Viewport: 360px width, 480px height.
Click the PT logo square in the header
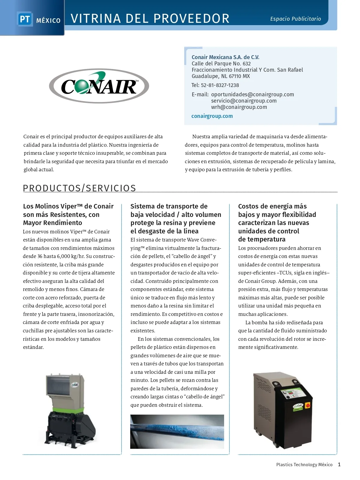coord(25,19)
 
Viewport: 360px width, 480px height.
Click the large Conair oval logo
coord(99,86)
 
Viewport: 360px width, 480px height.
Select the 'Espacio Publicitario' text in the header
coord(295,19)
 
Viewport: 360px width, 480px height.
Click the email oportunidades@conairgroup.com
coord(252,94)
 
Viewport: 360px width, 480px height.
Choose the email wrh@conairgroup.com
coord(239,107)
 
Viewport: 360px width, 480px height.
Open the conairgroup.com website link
coord(212,116)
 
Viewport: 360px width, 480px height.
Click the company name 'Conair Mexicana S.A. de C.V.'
coord(225,57)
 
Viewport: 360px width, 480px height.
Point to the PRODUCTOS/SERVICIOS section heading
coord(79,188)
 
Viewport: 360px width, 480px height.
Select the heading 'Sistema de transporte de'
coord(169,206)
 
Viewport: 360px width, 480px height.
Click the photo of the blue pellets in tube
coord(177,431)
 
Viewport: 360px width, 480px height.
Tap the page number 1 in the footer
coord(339,464)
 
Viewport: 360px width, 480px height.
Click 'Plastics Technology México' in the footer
coord(304,465)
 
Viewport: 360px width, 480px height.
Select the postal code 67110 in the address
coord(235,76)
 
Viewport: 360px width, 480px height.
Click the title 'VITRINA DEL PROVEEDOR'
coord(150,19)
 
